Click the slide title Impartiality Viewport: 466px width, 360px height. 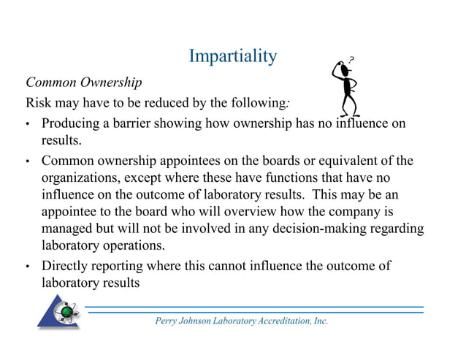pos(232,55)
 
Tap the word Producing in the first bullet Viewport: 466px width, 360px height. pos(73,123)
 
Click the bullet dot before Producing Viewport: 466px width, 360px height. pos(28,124)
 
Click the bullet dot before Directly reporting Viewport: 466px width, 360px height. pos(28,267)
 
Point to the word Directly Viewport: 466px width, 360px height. pos(65,266)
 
